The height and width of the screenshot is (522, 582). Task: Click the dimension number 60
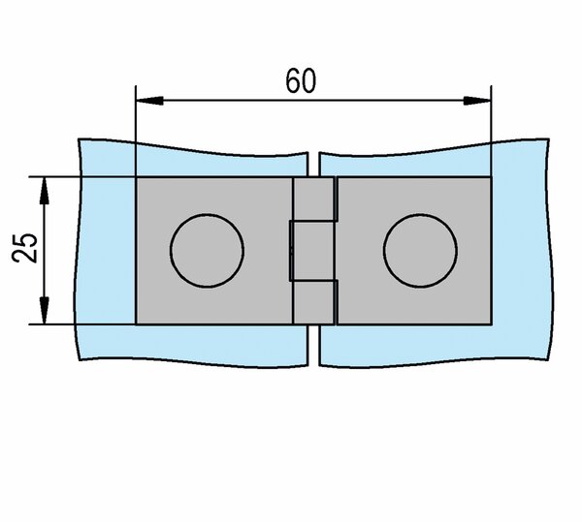pos(301,80)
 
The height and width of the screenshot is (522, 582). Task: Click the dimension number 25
pos(25,248)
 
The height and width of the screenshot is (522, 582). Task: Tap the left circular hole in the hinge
pos(207,251)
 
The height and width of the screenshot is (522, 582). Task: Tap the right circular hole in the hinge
pos(420,251)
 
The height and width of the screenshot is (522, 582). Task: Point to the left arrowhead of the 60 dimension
pos(149,101)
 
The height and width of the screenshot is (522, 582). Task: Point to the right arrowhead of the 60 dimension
pos(477,101)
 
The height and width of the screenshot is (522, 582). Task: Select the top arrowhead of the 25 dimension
pos(45,191)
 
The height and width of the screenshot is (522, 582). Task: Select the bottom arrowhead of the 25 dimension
pos(45,311)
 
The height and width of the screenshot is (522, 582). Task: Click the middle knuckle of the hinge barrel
pos(313,251)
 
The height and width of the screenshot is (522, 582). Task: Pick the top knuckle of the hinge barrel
pos(315,199)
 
